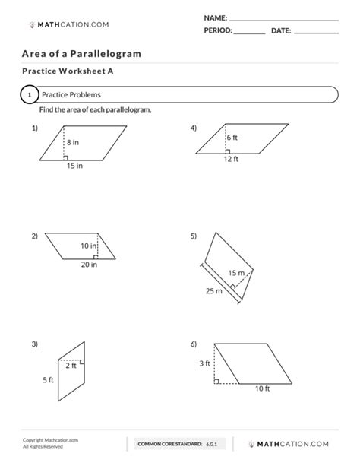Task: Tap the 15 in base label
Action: [74, 166]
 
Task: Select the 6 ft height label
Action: [232, 137]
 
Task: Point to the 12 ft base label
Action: [231, 159]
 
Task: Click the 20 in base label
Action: [90, 265]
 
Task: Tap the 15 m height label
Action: [235, 273]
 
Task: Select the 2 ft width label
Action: [71, 366]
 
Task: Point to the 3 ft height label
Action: [204, 363]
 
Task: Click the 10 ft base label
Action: [262, 389]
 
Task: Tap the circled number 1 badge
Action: [28, 95]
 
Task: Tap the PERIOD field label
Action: [218, 30]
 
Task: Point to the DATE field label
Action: [280, 30]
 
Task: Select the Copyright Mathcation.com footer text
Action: [50, 440]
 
